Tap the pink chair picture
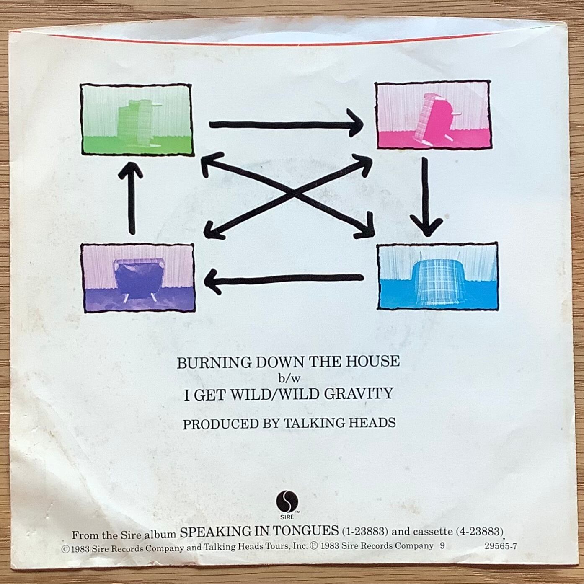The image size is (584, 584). tap(433, 115)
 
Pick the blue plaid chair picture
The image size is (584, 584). tap(438, 276)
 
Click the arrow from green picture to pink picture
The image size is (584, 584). tap(285, 124)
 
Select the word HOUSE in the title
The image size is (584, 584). tap(374, 361)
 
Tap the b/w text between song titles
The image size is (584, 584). tap(289, 379)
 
